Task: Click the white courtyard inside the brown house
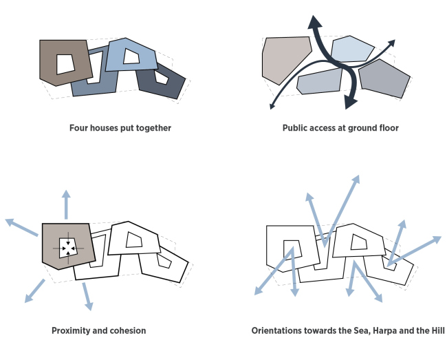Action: pyautogui.click(x=66, y=63)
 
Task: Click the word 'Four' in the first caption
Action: pyautogui.click(x=80, y=128)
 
